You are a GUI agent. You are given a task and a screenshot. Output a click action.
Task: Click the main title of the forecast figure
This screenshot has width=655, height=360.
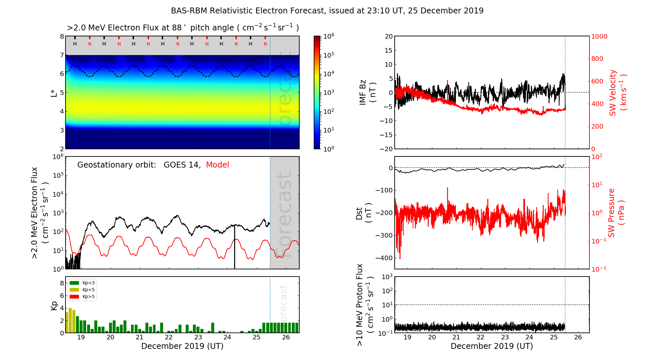coord(327,11)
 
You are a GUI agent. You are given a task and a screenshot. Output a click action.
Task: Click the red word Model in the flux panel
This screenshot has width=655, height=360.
coord(217,165)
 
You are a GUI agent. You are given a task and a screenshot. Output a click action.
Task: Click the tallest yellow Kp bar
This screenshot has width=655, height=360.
coord(70,320)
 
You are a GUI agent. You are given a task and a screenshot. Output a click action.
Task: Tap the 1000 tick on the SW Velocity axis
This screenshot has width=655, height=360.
coord(599,36)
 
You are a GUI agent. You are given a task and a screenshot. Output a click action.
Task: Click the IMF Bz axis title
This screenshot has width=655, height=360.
coord(367,92)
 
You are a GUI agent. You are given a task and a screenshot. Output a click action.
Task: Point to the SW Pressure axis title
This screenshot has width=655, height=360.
coord(616,213)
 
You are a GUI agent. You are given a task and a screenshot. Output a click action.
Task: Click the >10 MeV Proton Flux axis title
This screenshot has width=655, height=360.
coord(365,305)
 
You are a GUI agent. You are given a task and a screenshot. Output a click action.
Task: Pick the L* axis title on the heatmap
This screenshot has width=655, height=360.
coord(54,93)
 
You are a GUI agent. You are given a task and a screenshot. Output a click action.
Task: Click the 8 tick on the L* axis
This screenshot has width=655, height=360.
coord(62,36)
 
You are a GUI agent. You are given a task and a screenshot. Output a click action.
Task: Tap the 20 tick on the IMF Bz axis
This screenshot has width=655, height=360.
coord(388,36)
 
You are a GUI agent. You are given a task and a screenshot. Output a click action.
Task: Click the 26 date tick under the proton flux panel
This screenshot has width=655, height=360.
coord(578,337)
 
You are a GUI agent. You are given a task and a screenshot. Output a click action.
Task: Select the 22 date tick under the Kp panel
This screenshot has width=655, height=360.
coord(169,337)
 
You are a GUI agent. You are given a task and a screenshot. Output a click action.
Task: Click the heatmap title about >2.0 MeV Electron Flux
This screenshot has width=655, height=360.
coord(183,28)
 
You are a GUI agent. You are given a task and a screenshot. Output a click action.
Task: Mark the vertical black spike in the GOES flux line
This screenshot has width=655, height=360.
coord(234,249)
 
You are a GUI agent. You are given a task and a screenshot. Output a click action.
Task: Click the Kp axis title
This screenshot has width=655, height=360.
coord(54,305)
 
